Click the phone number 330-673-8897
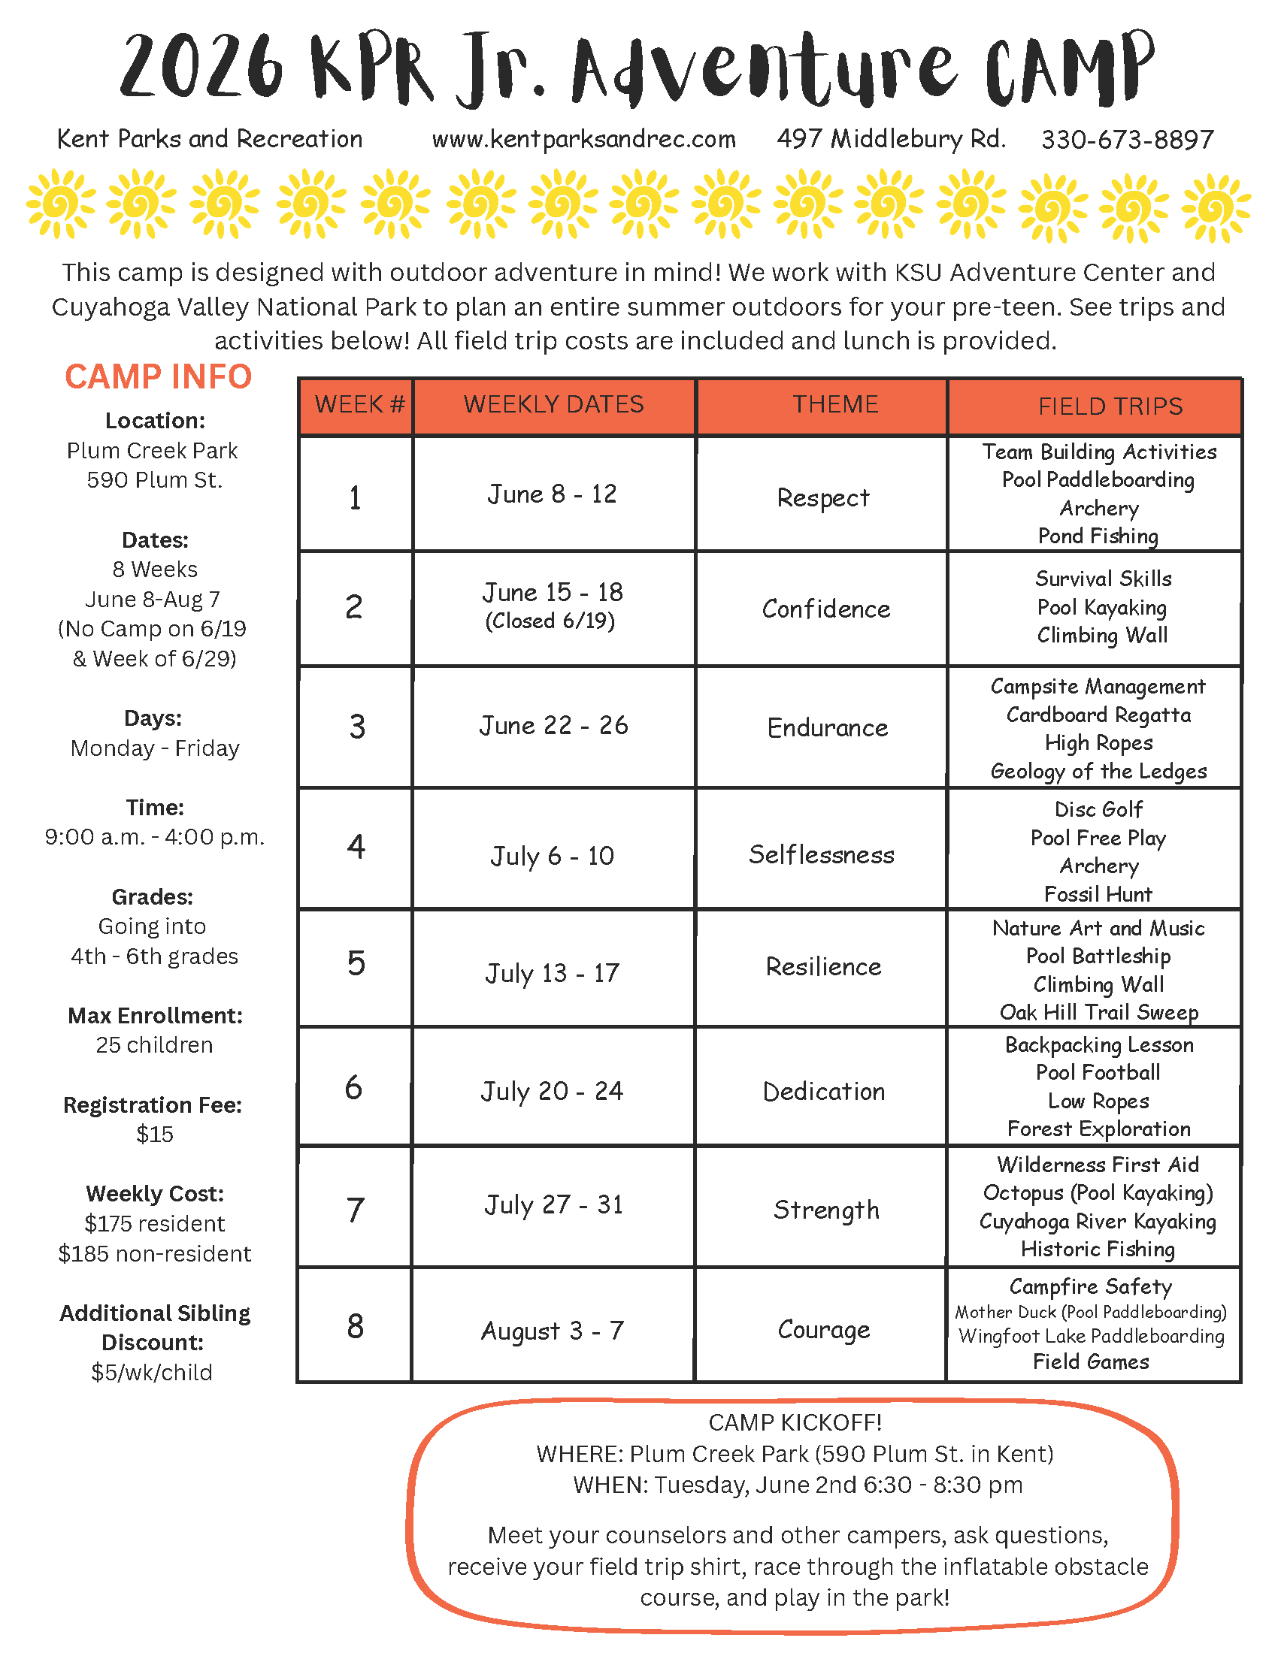[x=1127, y=140]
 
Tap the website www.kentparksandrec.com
[x=583, y=139]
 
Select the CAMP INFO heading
[x=158, y=377]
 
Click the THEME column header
[x=835, y=404]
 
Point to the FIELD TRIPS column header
[x=1110, y=406]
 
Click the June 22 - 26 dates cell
[x=553, y=725]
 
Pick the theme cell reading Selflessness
[x=822, y=855]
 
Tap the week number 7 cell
[x=355, y=1210]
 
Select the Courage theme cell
[x=824, y=1330]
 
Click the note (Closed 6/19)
[x=550, y=621]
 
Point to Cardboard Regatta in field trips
[x=1098, y=715]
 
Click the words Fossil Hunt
[x=1098, y=895]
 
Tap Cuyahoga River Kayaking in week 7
[x=1098, y=1222]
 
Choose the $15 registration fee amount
[x=155, y=1135]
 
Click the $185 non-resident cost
[x=155, y=1254]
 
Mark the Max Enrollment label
[x=155, y=1016]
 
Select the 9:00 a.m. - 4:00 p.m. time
[x=155, y=837]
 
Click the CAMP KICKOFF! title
[x=795, y=1423]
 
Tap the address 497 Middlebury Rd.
[x=891, y=139]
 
